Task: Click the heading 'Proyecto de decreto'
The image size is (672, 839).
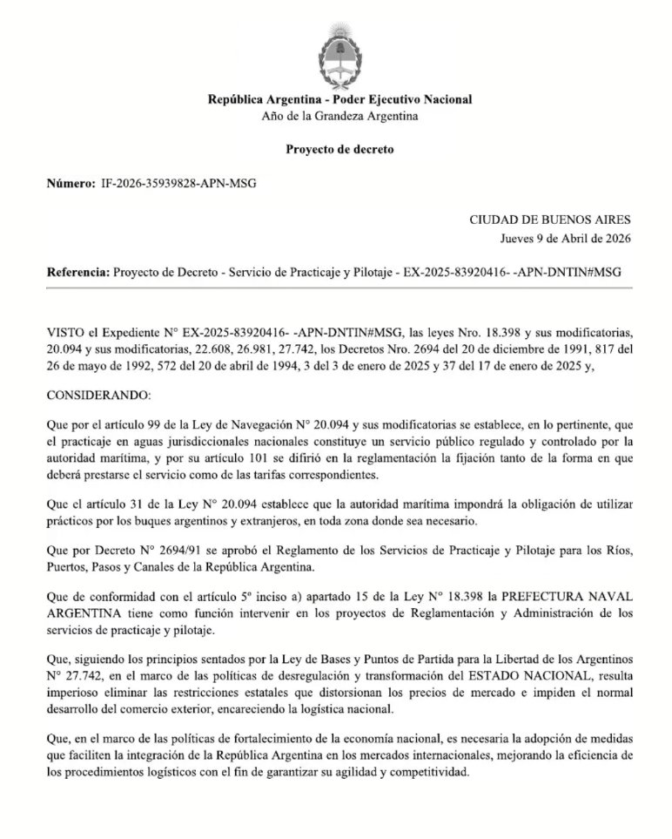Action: click(339, 149)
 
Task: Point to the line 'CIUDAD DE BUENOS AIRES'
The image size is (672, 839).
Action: click(550, 220)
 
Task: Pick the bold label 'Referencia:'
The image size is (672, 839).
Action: click(78, 272)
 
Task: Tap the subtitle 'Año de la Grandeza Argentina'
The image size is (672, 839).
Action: click(339, 116)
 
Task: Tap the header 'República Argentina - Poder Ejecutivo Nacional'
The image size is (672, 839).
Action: click(339, 99)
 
